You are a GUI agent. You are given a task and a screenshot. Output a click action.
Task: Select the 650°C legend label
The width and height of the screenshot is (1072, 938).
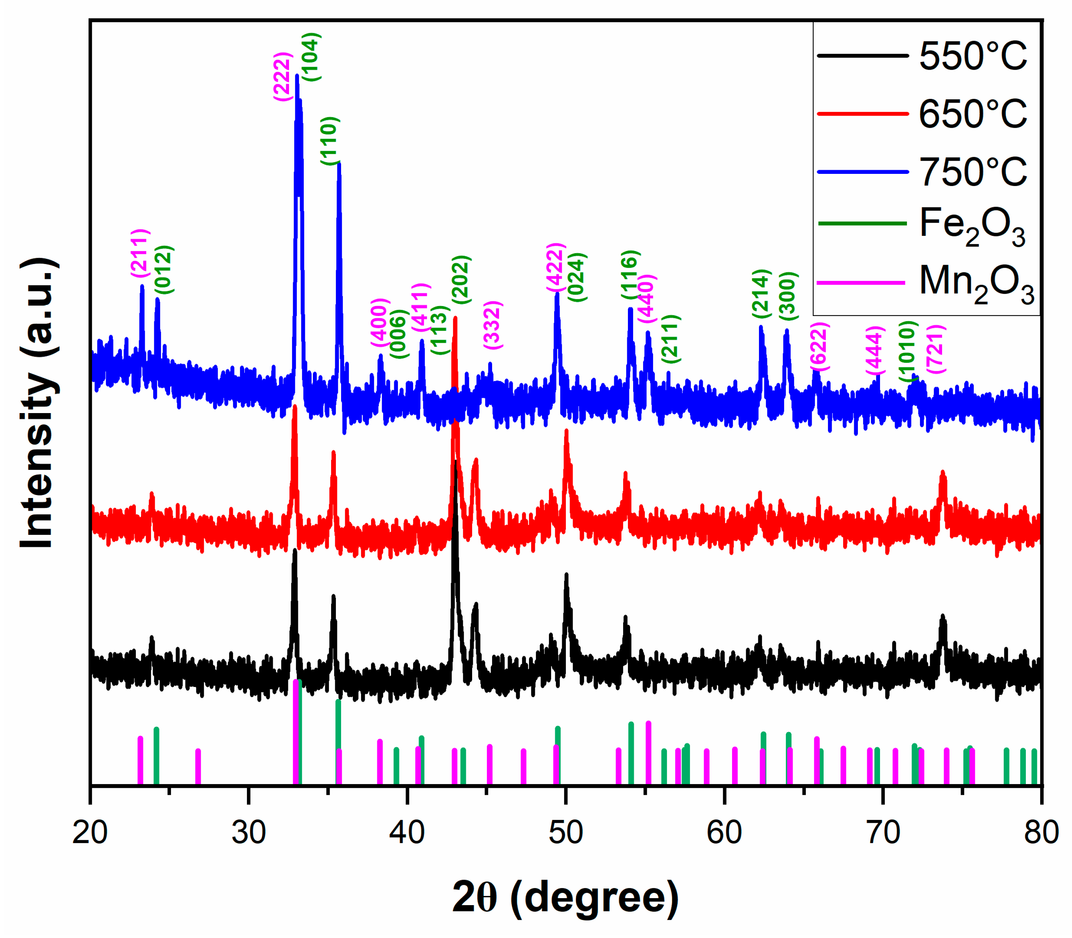(x=973, y=114)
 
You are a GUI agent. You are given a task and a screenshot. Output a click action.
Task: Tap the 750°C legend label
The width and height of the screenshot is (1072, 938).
(x=973, y=172)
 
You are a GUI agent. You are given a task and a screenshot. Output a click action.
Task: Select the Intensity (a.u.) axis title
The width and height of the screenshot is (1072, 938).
(x=38, y=403)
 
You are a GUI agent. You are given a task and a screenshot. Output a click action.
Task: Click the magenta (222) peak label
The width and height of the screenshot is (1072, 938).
(x=282, y=76)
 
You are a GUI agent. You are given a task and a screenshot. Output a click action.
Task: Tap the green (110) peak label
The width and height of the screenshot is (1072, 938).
(x=330, y=141)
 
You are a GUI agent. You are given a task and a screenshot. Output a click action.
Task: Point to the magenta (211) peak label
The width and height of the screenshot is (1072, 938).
(x=140, y=253)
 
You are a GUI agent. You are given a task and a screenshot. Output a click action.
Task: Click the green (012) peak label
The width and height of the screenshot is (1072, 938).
(x=164, y=269)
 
